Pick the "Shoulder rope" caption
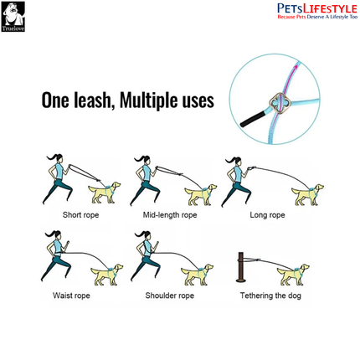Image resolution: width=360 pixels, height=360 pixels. (x=169, y=296)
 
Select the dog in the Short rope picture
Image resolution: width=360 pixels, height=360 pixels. (x=105, y=192)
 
